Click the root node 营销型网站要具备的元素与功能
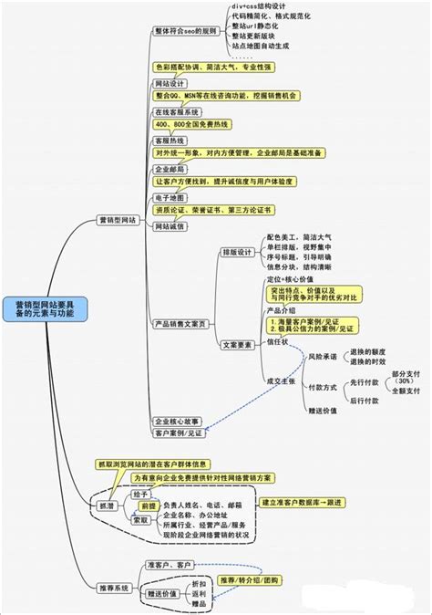click(46, 307)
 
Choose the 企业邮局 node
click(170, 170)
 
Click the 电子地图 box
click(170, 197)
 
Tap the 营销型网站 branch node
click(118, 220)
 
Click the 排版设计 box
click(239, 252)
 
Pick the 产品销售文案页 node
click(180, 323)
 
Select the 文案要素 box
click(239, 345)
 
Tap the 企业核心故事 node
click(178, 421)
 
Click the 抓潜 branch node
click(106, 505)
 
